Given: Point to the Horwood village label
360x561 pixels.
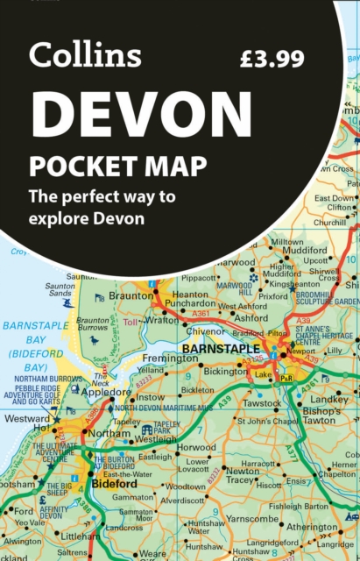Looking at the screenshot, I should [x=196, y=446].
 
